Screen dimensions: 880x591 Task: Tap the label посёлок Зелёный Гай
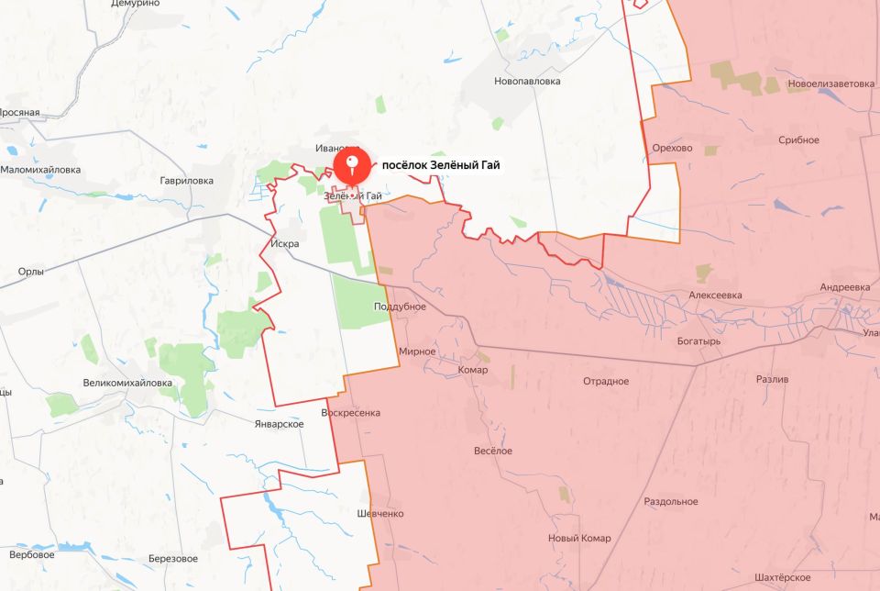click(x=441, y=165)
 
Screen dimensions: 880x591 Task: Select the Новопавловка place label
click(x=527, y=81)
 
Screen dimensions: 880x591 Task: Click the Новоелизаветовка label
click(x=830, y=84)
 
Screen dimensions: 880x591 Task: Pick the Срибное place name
click(x=798, y=139)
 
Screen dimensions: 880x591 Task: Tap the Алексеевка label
click(x=715, y=295)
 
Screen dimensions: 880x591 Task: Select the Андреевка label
click(x=844, y=287)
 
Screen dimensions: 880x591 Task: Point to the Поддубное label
click(x=401, y=307)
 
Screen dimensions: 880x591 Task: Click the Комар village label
click(x=473, y=370)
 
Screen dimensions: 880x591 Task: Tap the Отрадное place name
click(x=606, y=381)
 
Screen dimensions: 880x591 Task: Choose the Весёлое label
click(x=492, y=451)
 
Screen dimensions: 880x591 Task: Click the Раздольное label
click(x=670, y=501)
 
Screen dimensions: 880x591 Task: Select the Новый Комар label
click(x=578, y=538)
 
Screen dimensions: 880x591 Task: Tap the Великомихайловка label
click(x=127, y=383)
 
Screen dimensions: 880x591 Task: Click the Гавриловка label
click(x=186, y=181)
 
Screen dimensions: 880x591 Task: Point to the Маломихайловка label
click(x=40, y=170)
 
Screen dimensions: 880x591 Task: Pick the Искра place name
click(x=286, y=244)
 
